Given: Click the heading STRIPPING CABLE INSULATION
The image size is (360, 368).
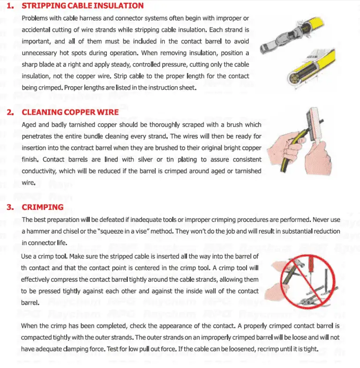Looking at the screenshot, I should (82, 6).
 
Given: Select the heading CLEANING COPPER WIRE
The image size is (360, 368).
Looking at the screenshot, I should (70, 112).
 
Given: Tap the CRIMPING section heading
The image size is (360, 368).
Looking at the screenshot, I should (43, 207).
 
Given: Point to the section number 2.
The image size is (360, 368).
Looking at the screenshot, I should (10, 112).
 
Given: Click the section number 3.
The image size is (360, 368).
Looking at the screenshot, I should (10, 207).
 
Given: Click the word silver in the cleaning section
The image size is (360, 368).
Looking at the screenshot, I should (136, 159).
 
